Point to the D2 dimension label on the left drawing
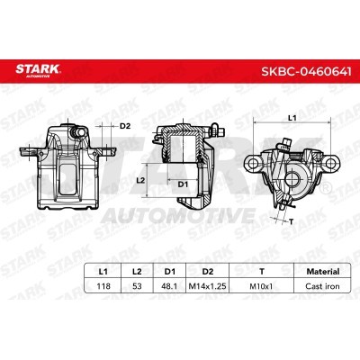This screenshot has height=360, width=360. point(126,125)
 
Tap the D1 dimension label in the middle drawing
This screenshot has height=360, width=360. point(182,185)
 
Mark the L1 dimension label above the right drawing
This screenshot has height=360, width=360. point(290,118)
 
